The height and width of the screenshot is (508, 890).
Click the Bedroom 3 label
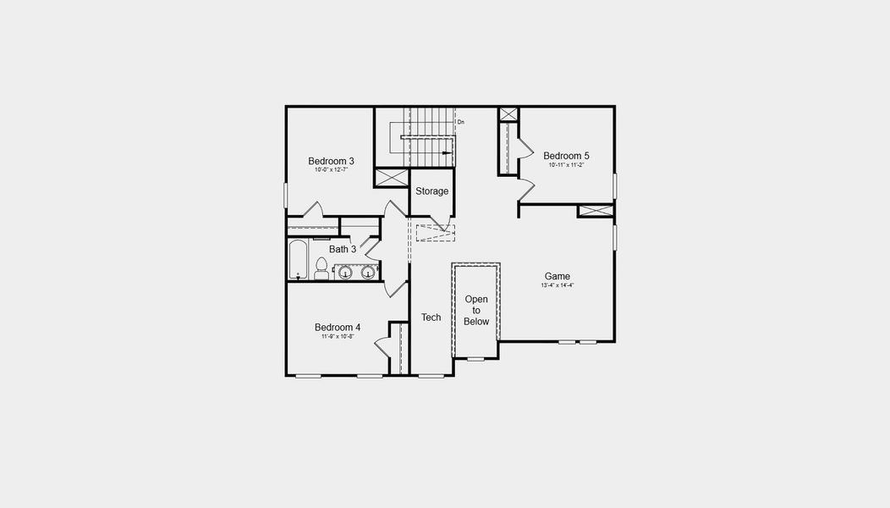tap(331, 161)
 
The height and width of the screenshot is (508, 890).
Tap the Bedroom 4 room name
tap(338, 327)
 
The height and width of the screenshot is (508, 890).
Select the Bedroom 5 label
tap(566, 156)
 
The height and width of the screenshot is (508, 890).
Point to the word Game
tap(557, 276)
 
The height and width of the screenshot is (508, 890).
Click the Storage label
tap(431, 191)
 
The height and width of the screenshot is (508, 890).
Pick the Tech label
tap(431, 317)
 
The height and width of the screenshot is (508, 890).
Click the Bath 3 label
tap(343, 249)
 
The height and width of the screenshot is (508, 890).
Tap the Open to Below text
tap(476, 310)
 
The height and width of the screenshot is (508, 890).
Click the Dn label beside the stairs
tap(460, 123)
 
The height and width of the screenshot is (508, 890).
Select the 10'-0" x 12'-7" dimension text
tap(331, 170)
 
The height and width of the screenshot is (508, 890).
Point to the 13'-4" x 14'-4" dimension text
tap(557, 285)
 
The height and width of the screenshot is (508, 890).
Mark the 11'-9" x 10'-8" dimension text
tap(338, 336)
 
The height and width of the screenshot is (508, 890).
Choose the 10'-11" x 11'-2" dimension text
tap(566, 165)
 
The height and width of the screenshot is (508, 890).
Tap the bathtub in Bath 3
tap(298, 259)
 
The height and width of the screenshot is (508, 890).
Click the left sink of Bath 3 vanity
tap(346, 272)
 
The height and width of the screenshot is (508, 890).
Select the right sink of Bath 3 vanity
tap(368, 272)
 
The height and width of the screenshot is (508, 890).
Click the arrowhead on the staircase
tap(445, 153)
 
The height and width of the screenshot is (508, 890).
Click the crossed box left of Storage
tap(392, 178)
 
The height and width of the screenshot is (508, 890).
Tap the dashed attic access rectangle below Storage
tap(435, 233)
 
